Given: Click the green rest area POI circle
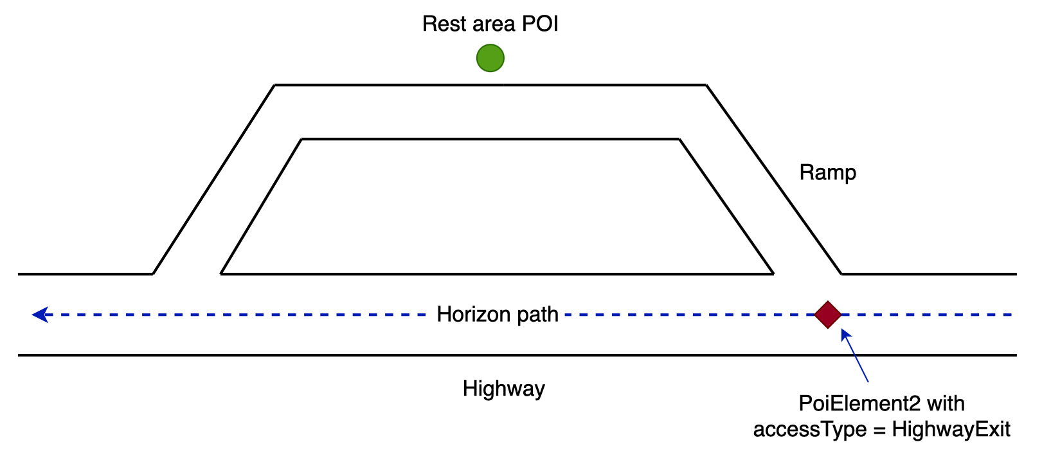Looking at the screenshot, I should [490, 58].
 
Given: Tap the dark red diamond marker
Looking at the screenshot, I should [828, 315].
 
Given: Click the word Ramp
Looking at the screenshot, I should [827, 172].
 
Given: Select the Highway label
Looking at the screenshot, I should [503, 389].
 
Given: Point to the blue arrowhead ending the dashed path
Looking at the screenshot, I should [40, 315].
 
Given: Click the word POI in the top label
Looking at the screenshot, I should [539, 24].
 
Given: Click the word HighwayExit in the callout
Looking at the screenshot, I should [951, 429].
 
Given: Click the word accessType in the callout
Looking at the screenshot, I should [809, 429].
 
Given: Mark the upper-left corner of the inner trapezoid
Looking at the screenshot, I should [301, 138].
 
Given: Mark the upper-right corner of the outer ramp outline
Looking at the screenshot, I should [706, 84].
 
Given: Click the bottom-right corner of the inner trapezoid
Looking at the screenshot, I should [773, 273].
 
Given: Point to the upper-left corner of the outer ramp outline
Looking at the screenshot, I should [275, 84].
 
